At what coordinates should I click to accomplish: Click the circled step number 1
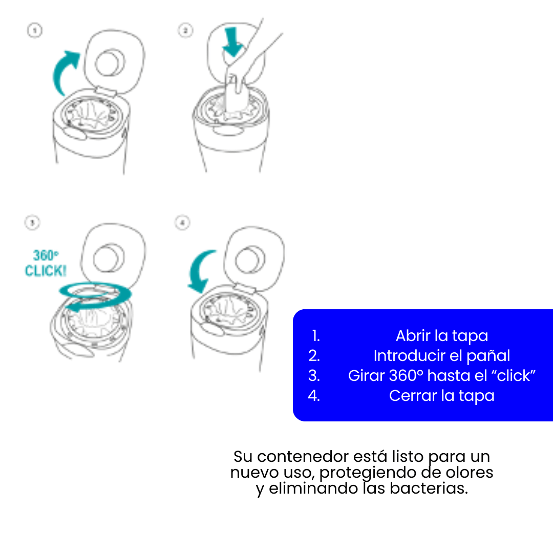(x=35, y=30)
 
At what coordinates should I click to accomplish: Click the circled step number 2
(x=185, y=30)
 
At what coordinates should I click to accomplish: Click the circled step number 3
(x=32, y=223)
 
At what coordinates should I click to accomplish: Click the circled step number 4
(x=182, y=223)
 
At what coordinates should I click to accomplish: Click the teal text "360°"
(x=46, y=255)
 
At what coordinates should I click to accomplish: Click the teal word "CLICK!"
(x=46, y=270)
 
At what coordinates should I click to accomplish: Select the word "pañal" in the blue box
(x=488, y=356)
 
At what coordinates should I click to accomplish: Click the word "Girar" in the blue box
(x=367, y=376)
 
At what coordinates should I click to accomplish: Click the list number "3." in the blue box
(x=314, y=376)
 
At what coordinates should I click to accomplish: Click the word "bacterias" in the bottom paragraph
(x=429, y=488)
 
